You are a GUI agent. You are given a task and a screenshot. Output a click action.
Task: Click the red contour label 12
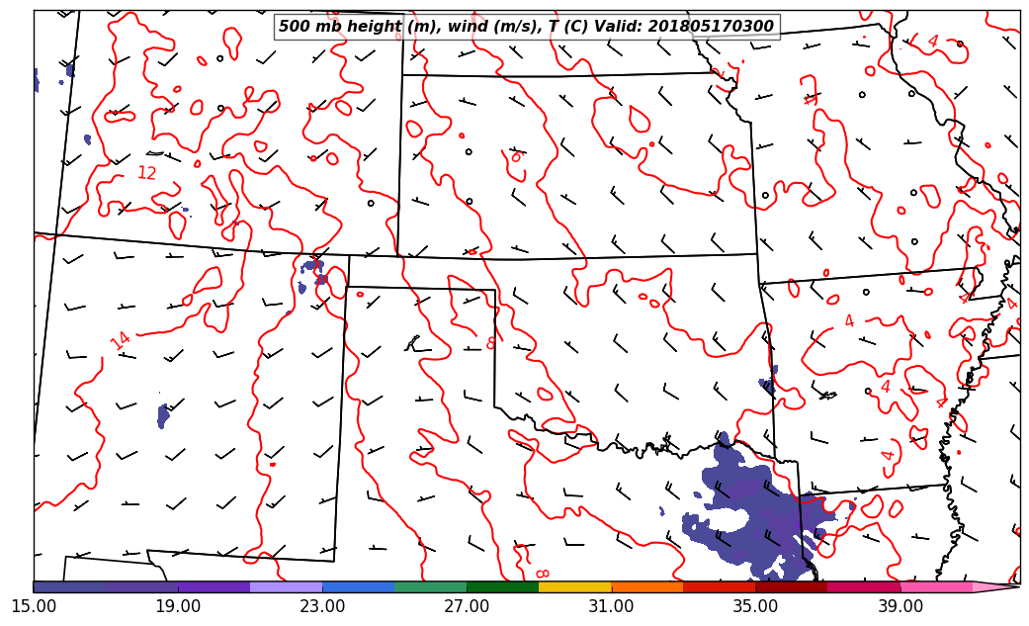[x=146, y=174]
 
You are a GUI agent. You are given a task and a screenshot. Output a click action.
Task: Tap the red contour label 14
[x=120, y=341]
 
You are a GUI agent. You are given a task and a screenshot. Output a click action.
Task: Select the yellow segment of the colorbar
[x=575, y=586]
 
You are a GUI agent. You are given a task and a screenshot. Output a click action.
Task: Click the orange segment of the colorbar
[x=647, y=586]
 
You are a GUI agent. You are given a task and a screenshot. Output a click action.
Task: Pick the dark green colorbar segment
[x=503, y=586]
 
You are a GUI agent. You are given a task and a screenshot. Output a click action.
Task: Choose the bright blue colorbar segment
[x=359, y=586]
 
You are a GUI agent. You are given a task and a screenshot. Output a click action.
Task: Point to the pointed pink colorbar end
[x=998, y=586]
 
